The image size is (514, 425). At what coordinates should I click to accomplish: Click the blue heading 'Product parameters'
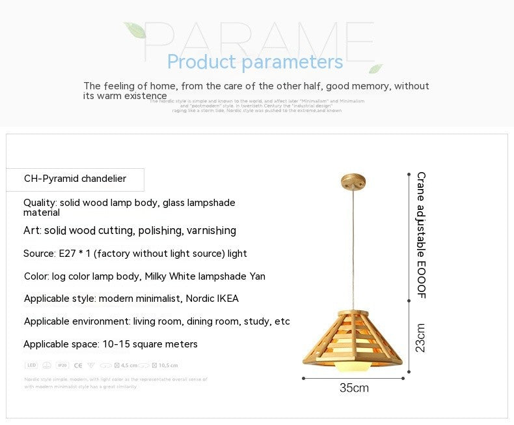click(x=254, y=62)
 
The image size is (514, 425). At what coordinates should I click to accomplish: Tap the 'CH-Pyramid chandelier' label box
click(x=75, y=179)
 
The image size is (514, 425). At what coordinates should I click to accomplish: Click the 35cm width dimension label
click(x=354, y=388)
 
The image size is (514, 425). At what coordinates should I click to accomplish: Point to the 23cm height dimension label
click(x=420, y=338)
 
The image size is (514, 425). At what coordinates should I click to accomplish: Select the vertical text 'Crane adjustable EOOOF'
click(x=421, y=235)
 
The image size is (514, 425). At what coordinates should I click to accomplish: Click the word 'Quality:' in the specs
click(x=40, y=203)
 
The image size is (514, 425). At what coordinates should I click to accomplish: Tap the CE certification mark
click(x=78, y=366)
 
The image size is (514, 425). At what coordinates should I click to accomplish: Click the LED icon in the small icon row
click(x=31, y=366)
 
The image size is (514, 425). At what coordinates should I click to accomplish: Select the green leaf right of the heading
click(x=375, y=68)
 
